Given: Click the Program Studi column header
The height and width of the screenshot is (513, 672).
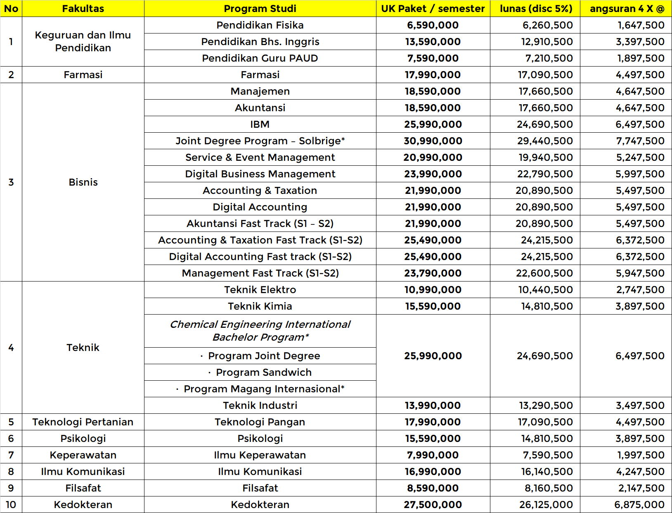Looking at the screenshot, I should pos(260,9).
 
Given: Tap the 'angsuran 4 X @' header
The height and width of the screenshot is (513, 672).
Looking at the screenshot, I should pos(627,9).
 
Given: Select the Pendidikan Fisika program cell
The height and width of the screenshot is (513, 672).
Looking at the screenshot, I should pos(260,25).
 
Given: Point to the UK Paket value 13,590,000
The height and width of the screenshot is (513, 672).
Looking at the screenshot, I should pos(433,42).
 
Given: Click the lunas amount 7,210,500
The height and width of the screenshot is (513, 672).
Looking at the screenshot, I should pos(549,58).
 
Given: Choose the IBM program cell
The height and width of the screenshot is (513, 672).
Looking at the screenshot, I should pos(260,124).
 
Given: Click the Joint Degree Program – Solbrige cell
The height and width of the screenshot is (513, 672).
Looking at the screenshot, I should pos(260,141).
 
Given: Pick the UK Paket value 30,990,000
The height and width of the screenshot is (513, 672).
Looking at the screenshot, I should pos(433,141).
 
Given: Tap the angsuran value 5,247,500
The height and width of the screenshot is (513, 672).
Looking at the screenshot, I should pos(640,157).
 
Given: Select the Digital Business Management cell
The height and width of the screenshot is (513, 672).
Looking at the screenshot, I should pos(260,174).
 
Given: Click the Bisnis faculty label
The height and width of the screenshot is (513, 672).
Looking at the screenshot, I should pos(83,182).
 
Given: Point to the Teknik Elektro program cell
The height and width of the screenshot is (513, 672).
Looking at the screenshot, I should pos(260,290).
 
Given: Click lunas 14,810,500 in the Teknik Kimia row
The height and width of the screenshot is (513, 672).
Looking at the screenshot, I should pos(547,306).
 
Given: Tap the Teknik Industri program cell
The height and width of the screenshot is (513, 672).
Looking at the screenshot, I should pos(260,406).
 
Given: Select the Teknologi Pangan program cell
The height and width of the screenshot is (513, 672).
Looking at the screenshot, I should pos(260,422).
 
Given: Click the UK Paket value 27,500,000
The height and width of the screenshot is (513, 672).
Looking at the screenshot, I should pos(433,505).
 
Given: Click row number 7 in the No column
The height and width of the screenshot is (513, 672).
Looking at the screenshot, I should pos(11,455).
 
